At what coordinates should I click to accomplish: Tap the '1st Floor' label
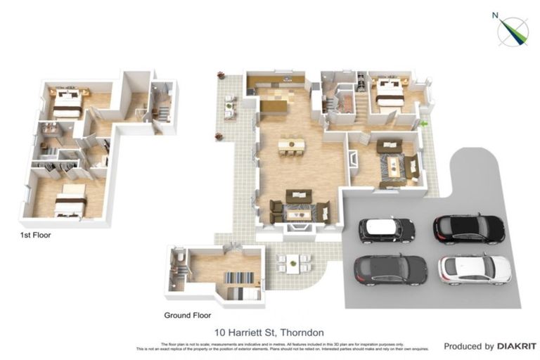(x=35, y=236)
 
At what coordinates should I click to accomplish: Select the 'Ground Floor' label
(x=188, y=315)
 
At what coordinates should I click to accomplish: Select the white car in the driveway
(x=475, y=269)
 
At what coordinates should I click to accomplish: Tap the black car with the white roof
(x=387, y=230)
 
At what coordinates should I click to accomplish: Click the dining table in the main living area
(x=291, y=146)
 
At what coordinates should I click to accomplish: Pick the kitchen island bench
(x=274, y=106)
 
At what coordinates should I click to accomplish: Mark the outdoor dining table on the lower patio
(x=295, y=263)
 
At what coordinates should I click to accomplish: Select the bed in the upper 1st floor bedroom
(x=67, y=103)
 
